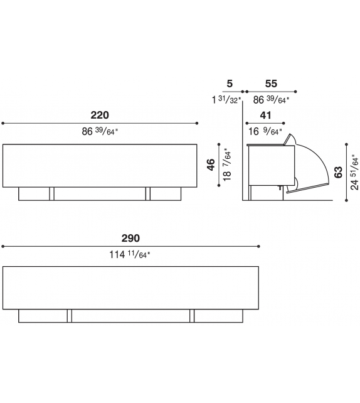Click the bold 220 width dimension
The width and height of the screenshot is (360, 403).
click(x=100, y=115)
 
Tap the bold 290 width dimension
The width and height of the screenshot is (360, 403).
click(x=130, y=239)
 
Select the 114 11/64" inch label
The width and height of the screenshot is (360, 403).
click(x=130, y=255)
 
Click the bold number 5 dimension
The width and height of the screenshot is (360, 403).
click(x=230, y=83)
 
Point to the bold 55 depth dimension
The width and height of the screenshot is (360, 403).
click(x=271, y=83)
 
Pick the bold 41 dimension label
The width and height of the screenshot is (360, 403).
click(x=265, y=116)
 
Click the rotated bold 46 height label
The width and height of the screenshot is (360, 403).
click(x=211, y=164)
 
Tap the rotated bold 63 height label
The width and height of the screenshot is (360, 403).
click(x=339, y=172)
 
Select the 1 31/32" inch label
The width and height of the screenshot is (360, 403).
click(x=226, y=99)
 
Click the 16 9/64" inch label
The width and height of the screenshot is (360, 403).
click(x=265, y=132)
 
